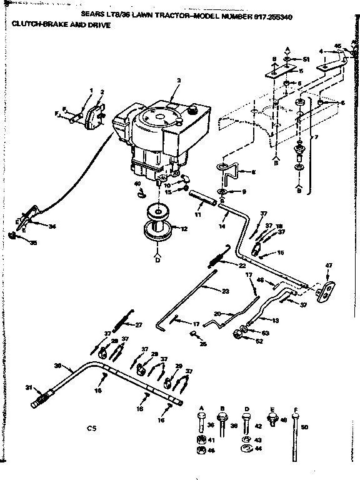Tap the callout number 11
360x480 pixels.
pos(198,214)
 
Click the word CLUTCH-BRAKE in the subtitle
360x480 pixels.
pos(31,26)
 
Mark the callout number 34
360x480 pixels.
pos(52,226)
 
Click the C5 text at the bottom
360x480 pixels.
pos(91,428)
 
